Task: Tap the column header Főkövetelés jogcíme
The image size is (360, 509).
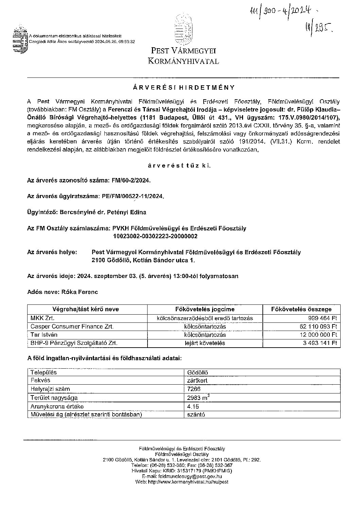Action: pyautogui.click(x=205, y=309)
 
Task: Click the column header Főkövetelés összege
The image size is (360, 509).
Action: pyautogui.click(x=301, y=309)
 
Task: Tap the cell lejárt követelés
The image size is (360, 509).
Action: pyautogui.click(x=205, y=343)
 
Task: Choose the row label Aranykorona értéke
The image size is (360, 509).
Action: pyautogui.click(x=57, y=406)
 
